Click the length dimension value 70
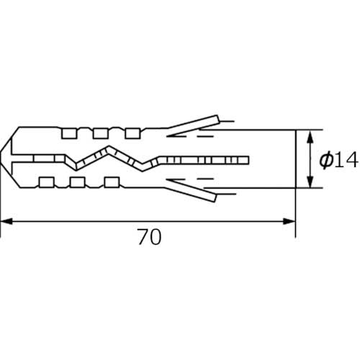(149, 237)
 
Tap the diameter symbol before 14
(326, 161)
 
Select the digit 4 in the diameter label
(351, 161)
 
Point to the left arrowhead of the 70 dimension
(6, 221)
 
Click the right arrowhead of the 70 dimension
(289, 221)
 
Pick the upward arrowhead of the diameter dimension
(310, 138)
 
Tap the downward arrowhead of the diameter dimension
(310, 181)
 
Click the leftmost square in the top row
(69, 133)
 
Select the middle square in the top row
(101, 133)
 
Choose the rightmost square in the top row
(132, 133)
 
